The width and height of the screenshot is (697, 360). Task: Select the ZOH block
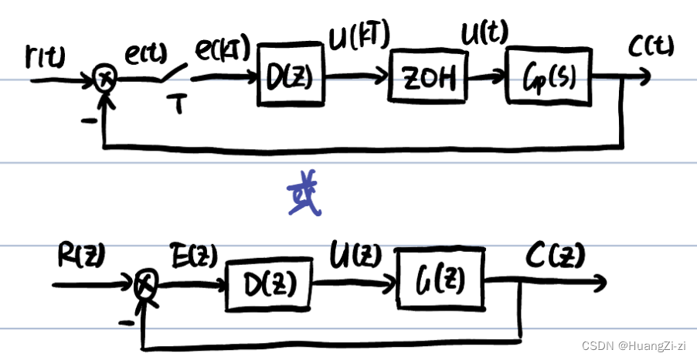point(424,78)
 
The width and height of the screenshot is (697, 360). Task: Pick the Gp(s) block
point(551,78)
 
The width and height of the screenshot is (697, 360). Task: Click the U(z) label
point(352,252)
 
